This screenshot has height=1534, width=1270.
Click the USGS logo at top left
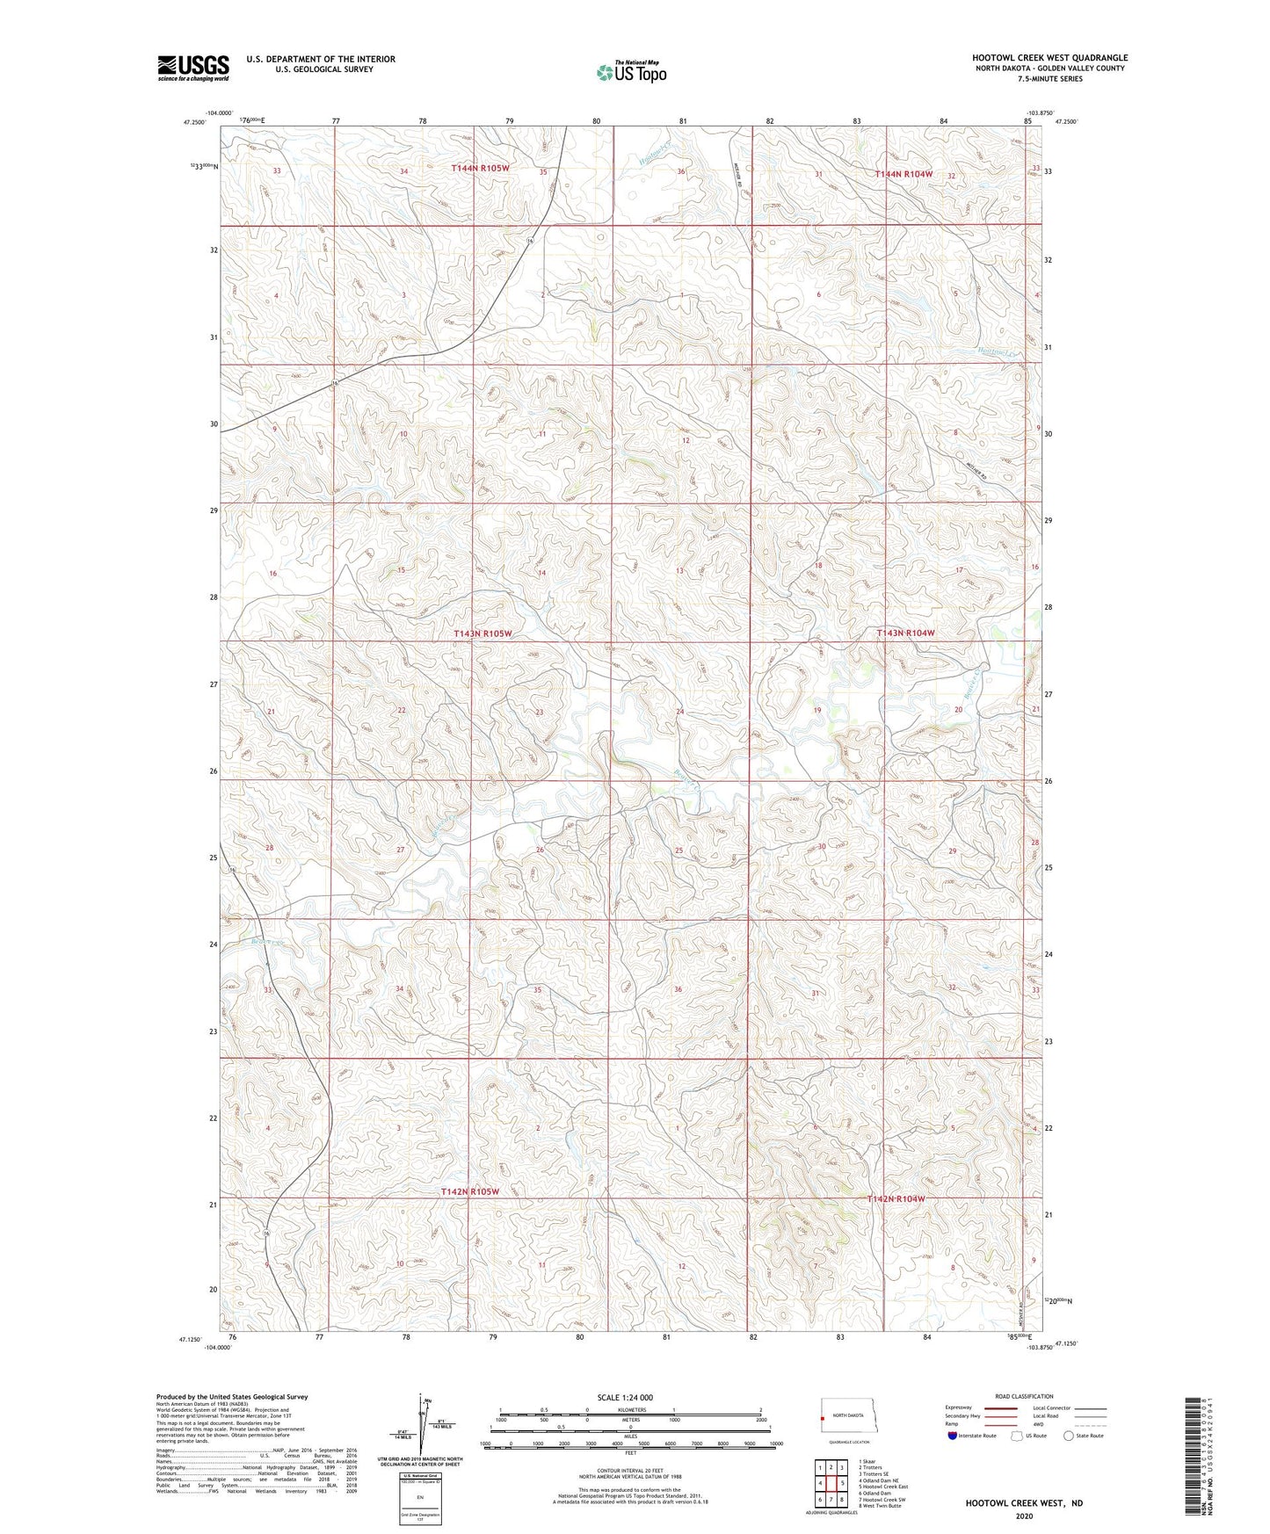pyautogui.click(x=192, y=68)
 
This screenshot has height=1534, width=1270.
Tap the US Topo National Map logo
pyautogui.click(x=631, y=71)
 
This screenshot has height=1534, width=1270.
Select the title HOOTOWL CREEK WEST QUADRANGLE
pyautogui.click(x=1049, y=58)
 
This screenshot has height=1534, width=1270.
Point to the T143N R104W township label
pyautogui.click(x=904, y=633)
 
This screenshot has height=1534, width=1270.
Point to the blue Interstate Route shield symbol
pyautogui.click(x=953, y=1436)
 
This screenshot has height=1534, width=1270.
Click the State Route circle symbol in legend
pyautogui.click(x=1068, y=1436)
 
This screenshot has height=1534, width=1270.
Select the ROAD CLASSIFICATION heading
pyautogui.click(x=1024, y=1396)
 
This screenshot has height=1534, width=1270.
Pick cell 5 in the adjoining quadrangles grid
pyautogui.click(x=841, y=1483)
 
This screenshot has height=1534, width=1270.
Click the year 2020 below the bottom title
pyautogui.click(x=1023, y=1516)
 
